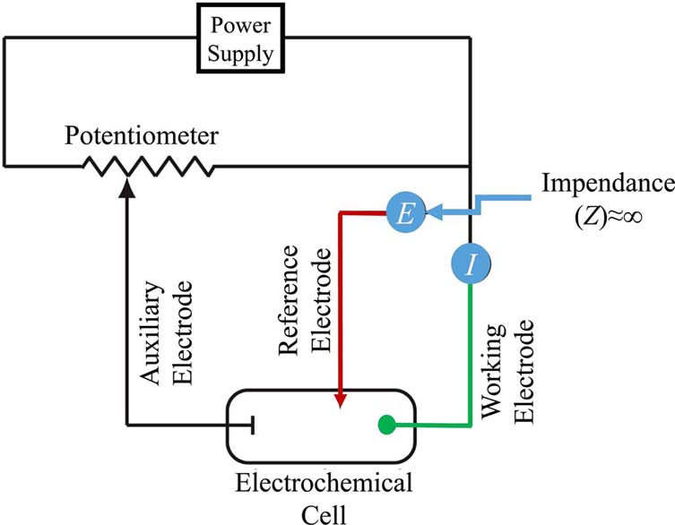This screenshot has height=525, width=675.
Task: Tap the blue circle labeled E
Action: pyautogui.click(x=403, y=213)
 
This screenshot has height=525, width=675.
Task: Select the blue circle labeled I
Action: pyautogui.click(x=471, y=263)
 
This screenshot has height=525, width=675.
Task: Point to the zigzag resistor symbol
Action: pyautogui.click(x=148, y=166)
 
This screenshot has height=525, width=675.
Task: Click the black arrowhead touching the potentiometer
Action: pyautogui.click(x=125, y=185)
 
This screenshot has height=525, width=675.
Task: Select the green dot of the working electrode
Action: pyautogui.click(x=388, y=423)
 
